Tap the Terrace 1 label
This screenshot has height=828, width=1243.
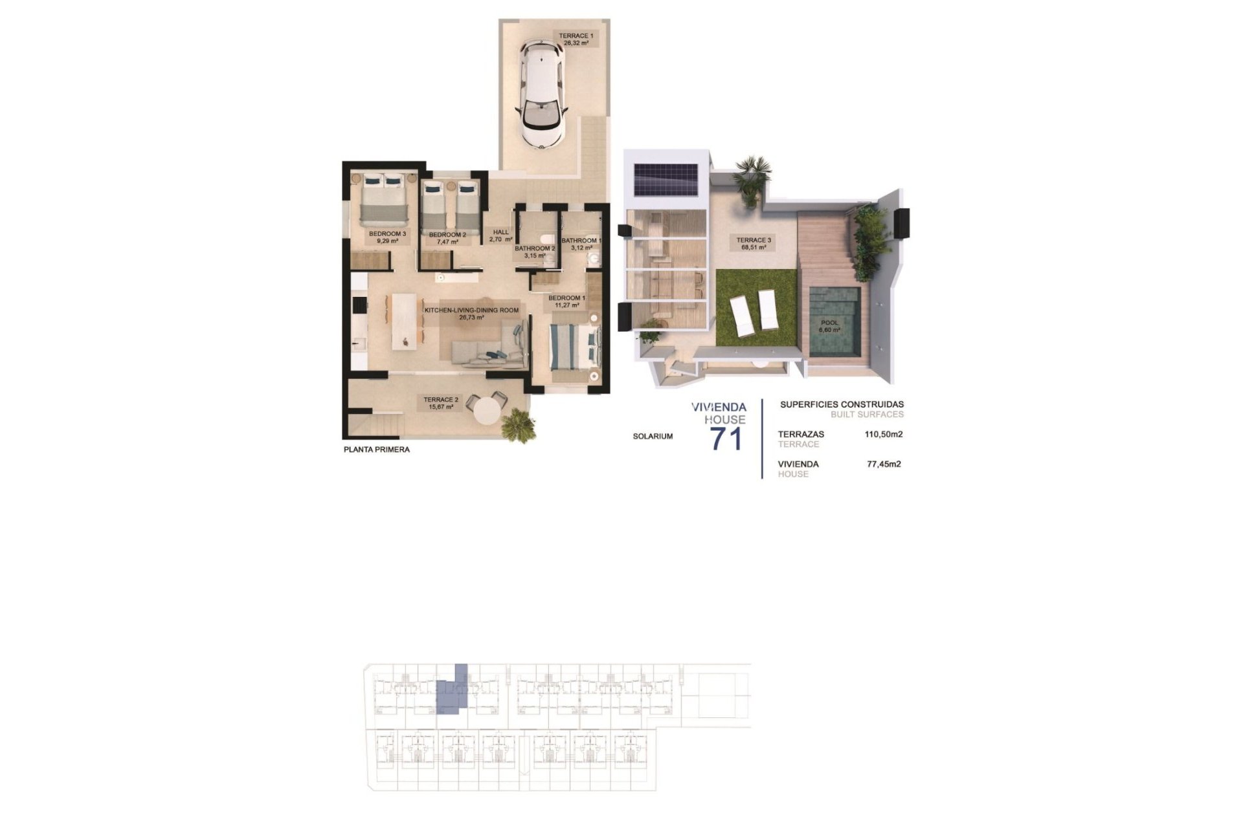[x=576, y=39]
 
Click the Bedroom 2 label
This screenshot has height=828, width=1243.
[x=447, y=238]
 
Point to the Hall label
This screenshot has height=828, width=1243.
[x=500, y=235]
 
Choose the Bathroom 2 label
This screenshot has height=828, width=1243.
[x=535, y=252]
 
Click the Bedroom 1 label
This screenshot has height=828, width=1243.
[x=566, y=301]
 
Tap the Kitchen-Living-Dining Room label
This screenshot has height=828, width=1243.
[x=471, y=314]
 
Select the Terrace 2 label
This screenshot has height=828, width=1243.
[x=441, y=403]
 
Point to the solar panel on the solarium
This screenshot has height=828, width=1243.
[x=666, y=179]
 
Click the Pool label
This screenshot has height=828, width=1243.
[x=829, y=326]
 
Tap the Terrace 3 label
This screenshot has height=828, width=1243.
[x=754, y=243]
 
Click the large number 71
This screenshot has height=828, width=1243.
[x=726, y=439]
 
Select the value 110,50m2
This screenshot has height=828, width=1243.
[x=884, y=435]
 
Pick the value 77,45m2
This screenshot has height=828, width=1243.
[x=884, y=464]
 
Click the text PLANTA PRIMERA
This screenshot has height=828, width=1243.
[x=377, y=450]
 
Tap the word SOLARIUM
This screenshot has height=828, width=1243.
[x=653, y=437]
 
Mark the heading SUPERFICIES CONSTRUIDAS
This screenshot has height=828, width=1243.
[x=842, y=405]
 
